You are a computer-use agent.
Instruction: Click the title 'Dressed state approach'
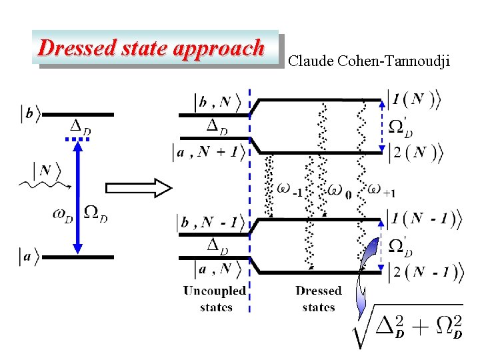[x=151, y=48]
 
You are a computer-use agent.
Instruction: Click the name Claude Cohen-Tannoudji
[x=369, y=62]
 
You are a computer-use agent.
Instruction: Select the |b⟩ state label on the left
[x=29, y=115]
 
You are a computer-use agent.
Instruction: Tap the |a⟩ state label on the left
[x=29, y=257]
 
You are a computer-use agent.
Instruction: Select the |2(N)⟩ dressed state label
[x=414, y=153]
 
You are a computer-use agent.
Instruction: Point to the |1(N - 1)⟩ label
[x=424, y=219]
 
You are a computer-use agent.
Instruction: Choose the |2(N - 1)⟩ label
[x=424, y=271]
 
